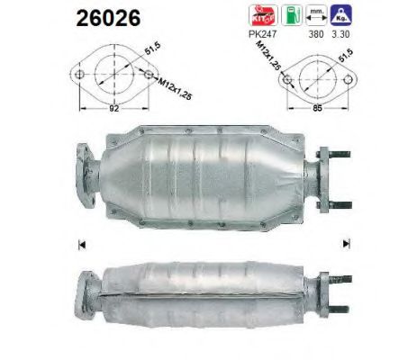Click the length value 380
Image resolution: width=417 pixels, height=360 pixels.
[314, 36]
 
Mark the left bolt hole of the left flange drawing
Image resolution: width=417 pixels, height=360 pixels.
[79, 75]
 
